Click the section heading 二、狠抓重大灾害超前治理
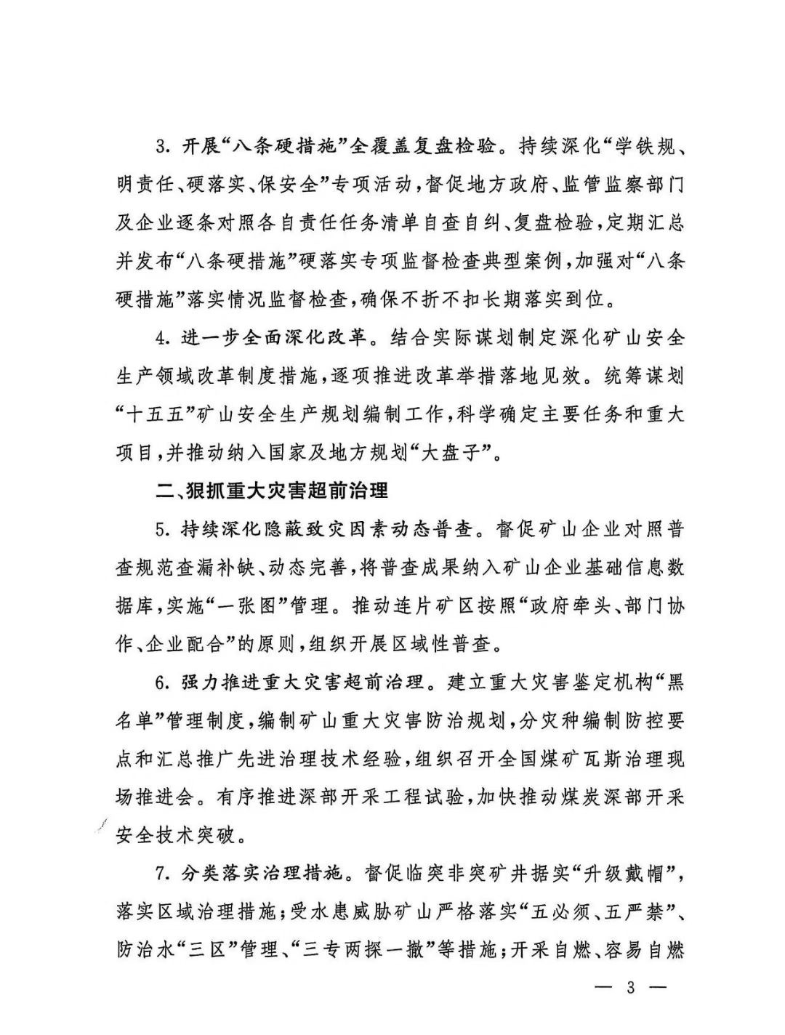tap(273, 491)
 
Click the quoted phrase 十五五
tap(159, 415)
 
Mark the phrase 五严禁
tap(641, 911)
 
